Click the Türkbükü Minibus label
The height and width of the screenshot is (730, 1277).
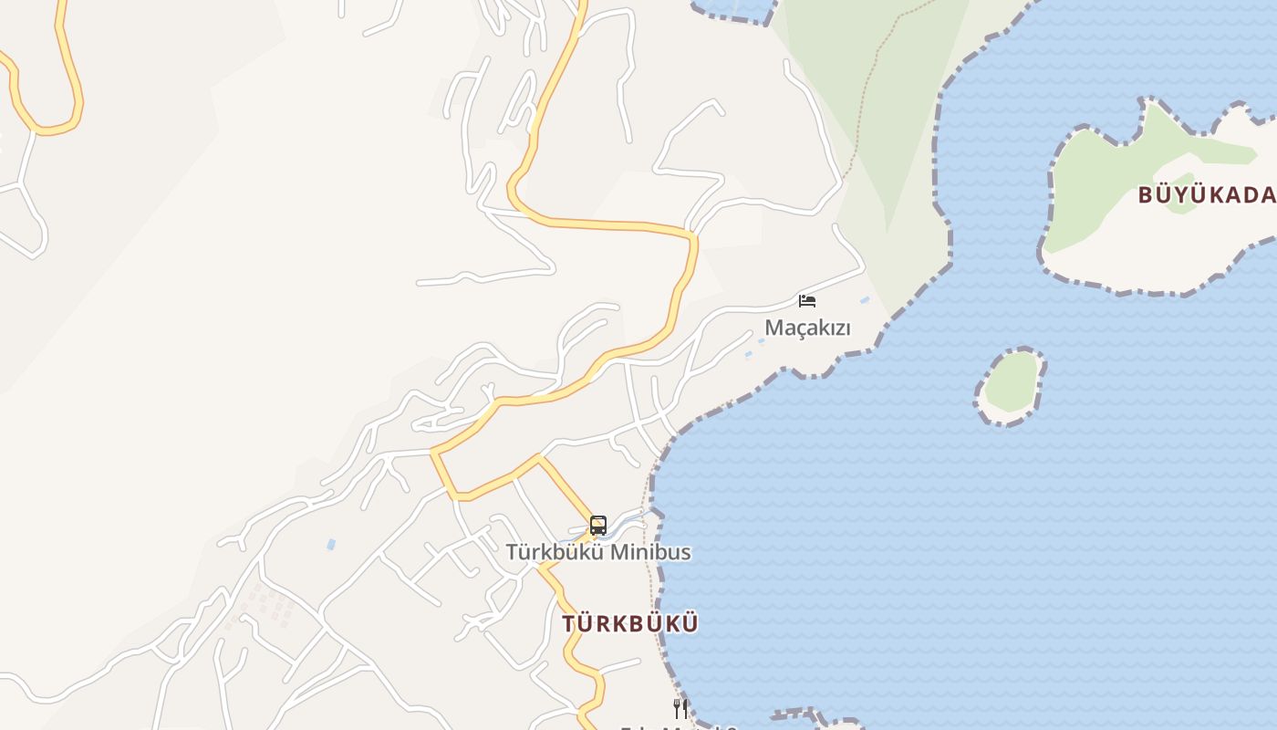598,552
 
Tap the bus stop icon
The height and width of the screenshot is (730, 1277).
598,526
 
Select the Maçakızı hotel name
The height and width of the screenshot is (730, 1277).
807,328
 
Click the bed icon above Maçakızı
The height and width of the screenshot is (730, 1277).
807,300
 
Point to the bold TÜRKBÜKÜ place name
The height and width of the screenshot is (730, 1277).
630,624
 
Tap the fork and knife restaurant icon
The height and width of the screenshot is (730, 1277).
680,708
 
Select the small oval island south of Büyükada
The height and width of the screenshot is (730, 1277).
1012,384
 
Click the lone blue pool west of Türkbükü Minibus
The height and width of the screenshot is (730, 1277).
331,545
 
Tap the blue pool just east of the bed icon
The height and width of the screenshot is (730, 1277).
864,299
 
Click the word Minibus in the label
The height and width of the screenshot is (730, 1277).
650,552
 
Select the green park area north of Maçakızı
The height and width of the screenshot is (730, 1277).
876,137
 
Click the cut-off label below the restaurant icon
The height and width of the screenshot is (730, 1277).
680,726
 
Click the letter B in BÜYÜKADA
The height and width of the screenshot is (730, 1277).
1146,194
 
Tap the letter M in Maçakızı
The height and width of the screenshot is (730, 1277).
774,328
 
